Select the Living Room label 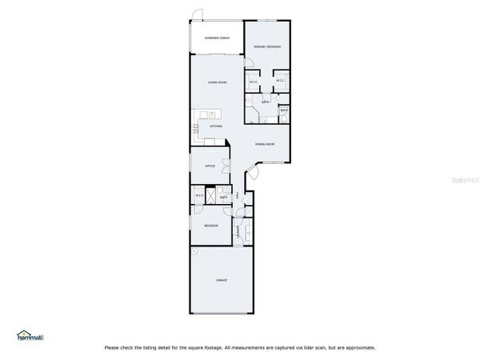217,83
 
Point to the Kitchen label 215,126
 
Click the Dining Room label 265,144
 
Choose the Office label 210,166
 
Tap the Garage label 222,280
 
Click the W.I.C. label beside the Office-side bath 199,197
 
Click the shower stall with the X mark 212,196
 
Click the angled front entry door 251,170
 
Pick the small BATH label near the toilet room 284,110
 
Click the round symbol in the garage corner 194,252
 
